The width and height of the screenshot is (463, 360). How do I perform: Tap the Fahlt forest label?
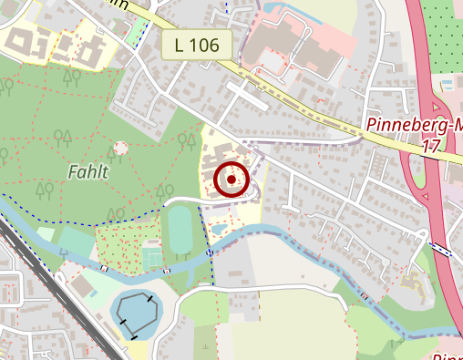point(87,170)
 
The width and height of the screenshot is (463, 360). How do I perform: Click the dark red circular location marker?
point(231,180)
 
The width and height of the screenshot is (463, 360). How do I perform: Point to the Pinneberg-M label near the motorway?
point(415,125)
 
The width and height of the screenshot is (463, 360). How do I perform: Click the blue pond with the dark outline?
point(139,314)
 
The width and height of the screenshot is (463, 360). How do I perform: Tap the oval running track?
point(180,231)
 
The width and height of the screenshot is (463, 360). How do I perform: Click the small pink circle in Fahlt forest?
point(120,148)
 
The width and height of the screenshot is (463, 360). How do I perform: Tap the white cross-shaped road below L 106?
point(246,94)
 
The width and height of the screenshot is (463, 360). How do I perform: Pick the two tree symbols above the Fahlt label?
point(63,138)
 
